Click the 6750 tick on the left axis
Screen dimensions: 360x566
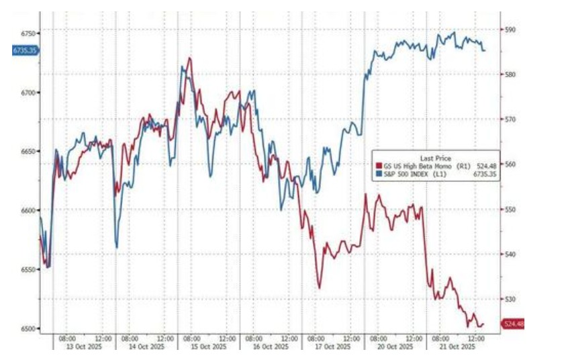pos(28,33)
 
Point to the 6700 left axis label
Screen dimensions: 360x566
pos(28,92)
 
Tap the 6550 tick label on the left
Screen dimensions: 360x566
pos(28,269)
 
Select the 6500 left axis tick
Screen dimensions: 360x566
pos(28,328)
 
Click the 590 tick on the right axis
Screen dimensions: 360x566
pos(510,30)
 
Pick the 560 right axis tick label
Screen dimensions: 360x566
pos(510,164)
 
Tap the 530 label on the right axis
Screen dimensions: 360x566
pos(510,299)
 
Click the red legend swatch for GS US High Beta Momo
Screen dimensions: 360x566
pos(378,165)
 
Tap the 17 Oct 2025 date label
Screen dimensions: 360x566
pos(334,347)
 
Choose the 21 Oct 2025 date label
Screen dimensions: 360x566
pos(459,347)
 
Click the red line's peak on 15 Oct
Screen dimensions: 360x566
pos(190,58)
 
